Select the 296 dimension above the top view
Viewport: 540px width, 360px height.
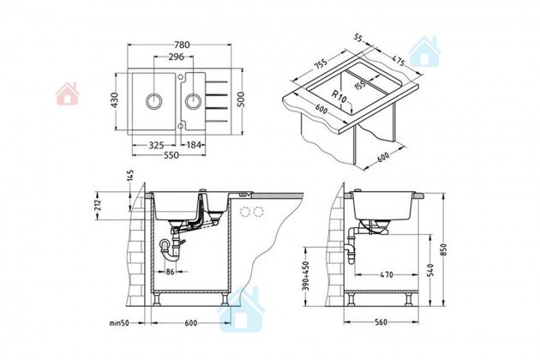[x=177, y=57]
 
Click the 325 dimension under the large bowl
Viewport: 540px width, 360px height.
[x=156, y=146]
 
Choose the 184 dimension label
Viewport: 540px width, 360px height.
[x=195, y=146]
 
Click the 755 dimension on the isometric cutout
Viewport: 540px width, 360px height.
[x=321, y=62]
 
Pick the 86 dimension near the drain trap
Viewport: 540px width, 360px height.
[x=171, y=272]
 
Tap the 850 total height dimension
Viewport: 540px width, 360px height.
[x=443, y=249]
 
